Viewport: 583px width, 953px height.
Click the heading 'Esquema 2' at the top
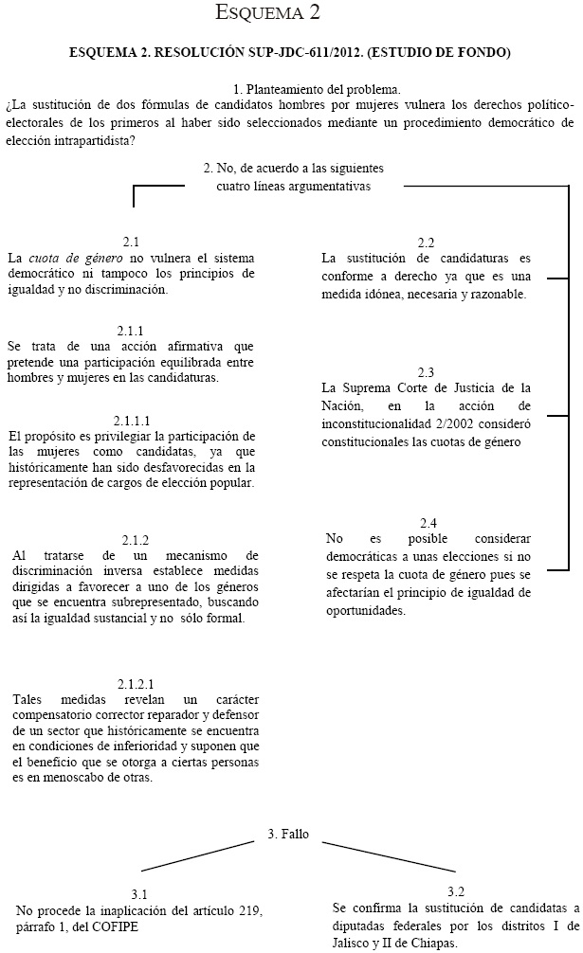pos(290,14)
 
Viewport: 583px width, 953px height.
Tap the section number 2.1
pos(131,243)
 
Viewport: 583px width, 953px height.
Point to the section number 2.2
pos(426,243)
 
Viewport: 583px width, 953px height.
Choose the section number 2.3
pos(426,371)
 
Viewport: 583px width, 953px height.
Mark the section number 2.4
pos(428,522)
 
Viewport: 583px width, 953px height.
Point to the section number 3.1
pos(139,893)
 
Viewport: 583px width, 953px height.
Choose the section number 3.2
pos(455,891)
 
